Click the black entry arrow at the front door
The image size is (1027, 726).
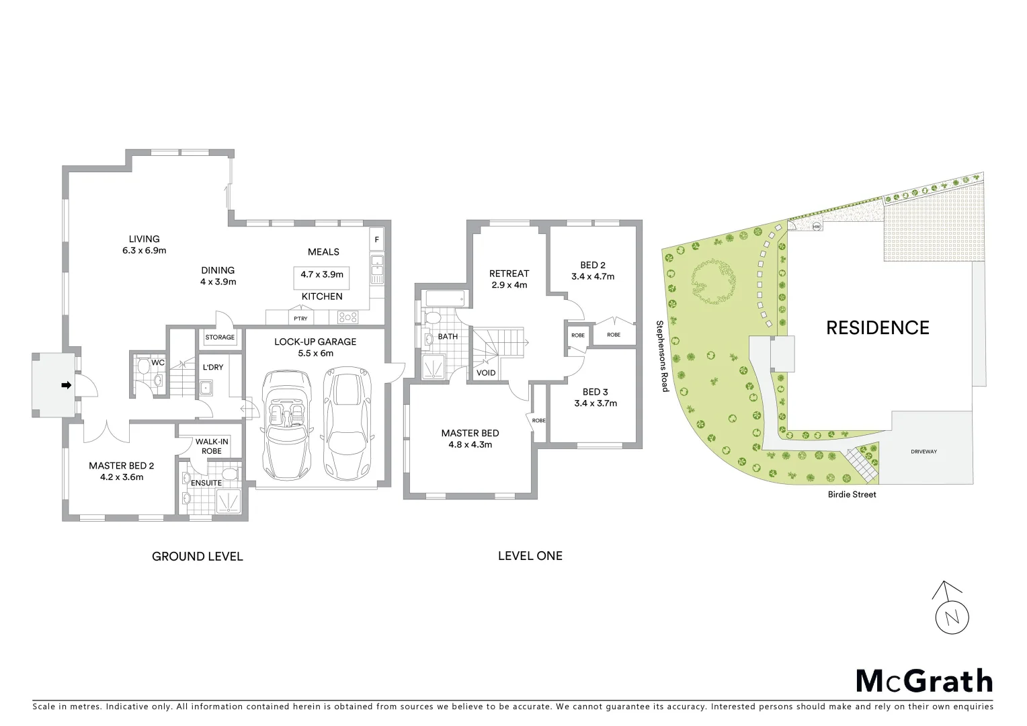[66, 385]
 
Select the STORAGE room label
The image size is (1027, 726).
[220, 337]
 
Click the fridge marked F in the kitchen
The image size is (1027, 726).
[376, 239]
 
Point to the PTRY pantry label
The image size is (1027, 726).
[300, 319]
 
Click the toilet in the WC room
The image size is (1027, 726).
[142, 366]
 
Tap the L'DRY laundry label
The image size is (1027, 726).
[213, 367]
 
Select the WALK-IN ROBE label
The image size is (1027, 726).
[212, 446]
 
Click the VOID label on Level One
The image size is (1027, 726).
[486, 372]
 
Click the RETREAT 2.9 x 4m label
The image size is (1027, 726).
[509, 279]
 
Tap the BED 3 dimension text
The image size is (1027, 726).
[595, 403]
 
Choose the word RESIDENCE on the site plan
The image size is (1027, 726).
[877, 327]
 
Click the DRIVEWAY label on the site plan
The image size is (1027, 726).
[923, 452]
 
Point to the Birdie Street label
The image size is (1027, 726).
[852, 494]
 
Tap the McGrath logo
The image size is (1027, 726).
[923, 681]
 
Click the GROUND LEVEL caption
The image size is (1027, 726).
[197, 556]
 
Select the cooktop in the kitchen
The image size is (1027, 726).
[349, 317]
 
